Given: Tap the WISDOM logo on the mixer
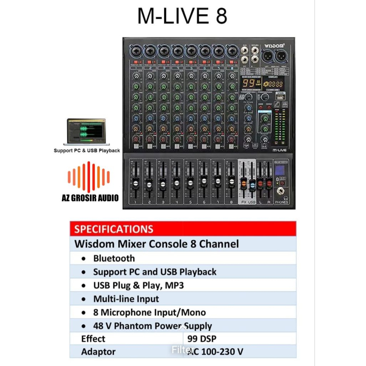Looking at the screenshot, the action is point(274,46).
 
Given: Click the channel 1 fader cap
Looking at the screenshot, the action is point(135,184).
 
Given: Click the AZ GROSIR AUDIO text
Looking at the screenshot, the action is point(90,198).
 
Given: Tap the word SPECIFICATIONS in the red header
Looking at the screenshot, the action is point(114,229).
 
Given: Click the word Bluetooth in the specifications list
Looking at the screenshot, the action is point(114,258).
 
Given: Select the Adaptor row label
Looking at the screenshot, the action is point(98,352).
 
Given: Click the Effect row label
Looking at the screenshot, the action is point(93,338).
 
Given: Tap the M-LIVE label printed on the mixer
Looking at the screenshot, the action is point(279,150).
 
